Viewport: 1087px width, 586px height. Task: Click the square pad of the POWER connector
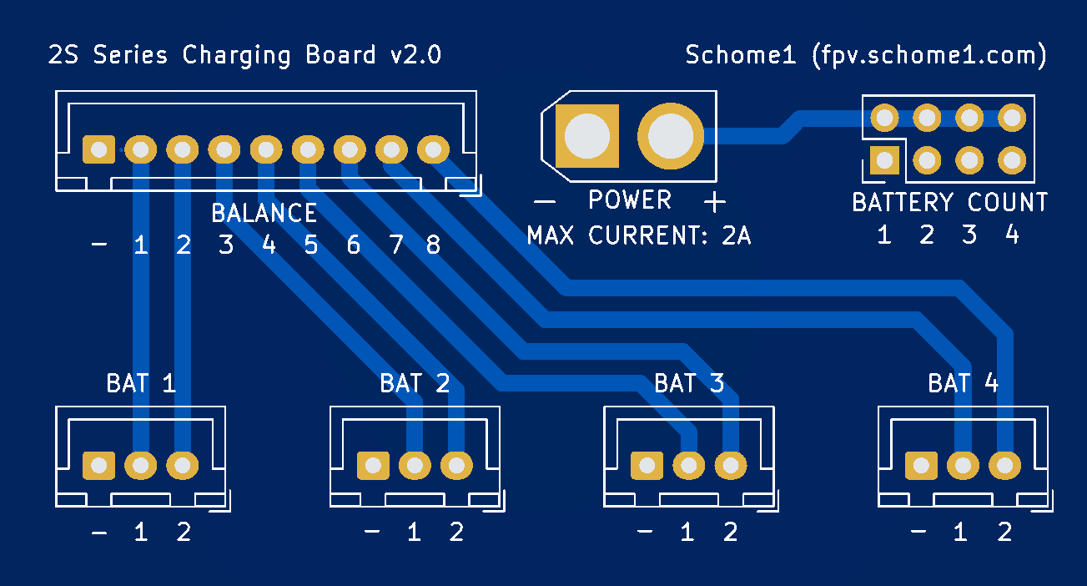[x=587, y=135]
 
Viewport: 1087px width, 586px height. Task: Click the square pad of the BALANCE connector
[x=99, y=150]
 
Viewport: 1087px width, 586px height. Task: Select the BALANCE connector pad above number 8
[x=432, y=150]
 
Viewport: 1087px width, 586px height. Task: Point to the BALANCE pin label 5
[x=310, y=245]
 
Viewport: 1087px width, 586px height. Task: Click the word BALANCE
[x=264, y=214]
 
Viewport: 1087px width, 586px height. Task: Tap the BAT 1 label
[x=141, y=383]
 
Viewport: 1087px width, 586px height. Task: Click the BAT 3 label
[x=689, y=383]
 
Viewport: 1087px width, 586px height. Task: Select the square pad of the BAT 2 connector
[x=372, y=465]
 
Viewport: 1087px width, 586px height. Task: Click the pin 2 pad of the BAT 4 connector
[x=1004, y=465]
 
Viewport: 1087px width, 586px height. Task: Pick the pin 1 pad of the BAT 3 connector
[x=688, y=465]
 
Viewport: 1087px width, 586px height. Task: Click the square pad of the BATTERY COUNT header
[x=883, y=159]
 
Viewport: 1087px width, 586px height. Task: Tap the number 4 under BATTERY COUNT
[x=1012, y=235]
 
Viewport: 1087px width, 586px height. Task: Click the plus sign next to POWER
[x=714, y=201]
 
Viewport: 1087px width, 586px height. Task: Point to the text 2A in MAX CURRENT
[x=737, y=236]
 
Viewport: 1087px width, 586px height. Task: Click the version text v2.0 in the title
[x=415, y=56]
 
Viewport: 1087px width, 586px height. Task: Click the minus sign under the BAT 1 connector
[x=99, y=533]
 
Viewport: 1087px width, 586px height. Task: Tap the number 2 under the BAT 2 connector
[x=456, y=533]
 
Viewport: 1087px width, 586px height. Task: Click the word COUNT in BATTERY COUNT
[x=1007, y=202]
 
